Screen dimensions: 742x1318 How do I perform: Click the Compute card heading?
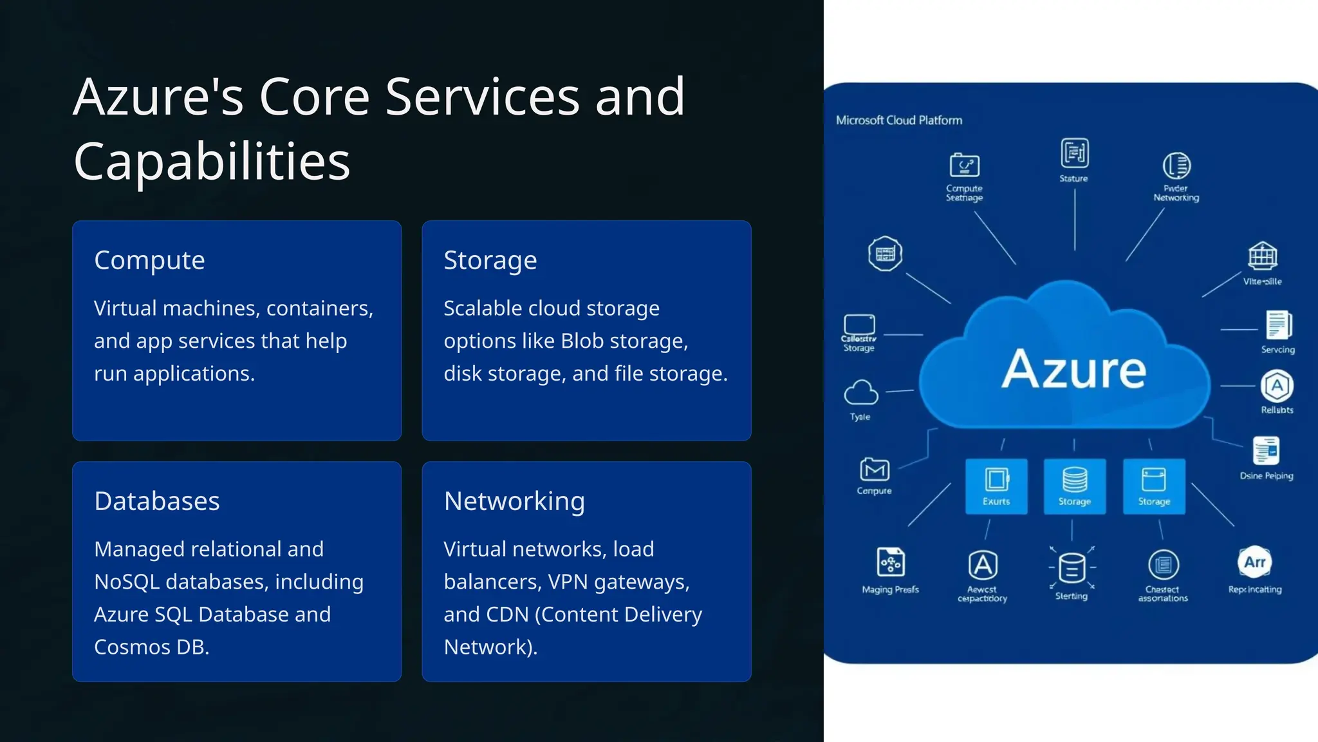(149, 261)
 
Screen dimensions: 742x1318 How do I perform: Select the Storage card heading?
(490, 261)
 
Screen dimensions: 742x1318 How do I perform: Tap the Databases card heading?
(156, 501)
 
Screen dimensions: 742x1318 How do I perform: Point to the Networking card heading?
(514, 501)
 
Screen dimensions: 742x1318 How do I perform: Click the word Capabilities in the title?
(212, 161)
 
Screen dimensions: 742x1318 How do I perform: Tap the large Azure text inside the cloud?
(1073, 370)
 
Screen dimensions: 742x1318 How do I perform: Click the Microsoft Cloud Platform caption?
(898, 120)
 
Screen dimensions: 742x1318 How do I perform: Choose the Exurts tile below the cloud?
(996, 486)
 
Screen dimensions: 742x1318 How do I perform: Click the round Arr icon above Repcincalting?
(1254, 562)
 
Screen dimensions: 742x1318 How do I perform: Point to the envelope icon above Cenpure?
(875, 470)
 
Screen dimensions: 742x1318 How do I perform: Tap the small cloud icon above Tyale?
(860, 392)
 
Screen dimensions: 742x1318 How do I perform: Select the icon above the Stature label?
(1074, 153)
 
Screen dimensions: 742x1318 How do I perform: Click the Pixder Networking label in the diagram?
(1176, 193)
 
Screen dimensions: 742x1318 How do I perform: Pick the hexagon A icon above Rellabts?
(1277, 386)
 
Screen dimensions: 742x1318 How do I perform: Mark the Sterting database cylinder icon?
(1072, 568)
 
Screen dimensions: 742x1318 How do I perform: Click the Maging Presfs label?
(890, 589)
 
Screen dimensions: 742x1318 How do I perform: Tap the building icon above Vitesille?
(1263, 256)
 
